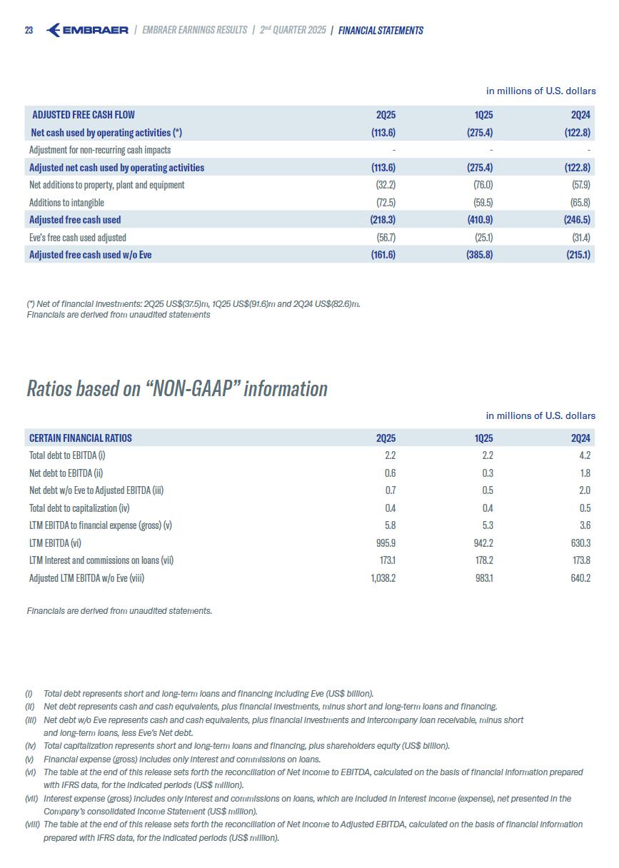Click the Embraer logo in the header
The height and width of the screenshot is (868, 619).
click(87, 30)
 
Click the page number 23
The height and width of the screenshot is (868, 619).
click(29, 31)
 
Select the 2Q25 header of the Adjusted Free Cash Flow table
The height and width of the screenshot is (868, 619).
click(386, 115)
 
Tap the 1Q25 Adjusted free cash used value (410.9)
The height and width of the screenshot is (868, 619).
click(478, 220)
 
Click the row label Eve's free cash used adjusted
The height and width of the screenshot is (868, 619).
click(77, 237)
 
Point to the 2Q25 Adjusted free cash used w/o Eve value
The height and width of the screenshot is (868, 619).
click(382, 255)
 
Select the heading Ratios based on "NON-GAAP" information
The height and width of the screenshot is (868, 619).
click(177, 388)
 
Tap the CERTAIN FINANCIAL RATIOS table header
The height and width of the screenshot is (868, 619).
click(81, 438)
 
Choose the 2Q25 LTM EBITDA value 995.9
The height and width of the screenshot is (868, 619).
click(384, 542)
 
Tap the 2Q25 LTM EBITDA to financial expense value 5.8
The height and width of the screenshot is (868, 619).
click(389, 525)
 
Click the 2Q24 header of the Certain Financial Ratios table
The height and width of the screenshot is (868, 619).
click(580, 438)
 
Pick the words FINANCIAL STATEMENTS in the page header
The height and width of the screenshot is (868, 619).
click(381, 31)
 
